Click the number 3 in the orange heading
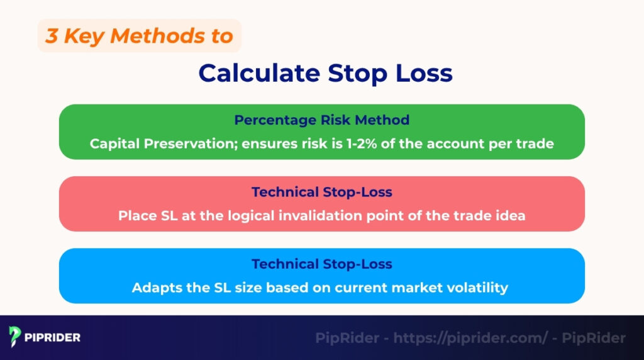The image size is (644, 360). click(x=52, y=36)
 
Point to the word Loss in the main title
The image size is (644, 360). click(x=421, y=73)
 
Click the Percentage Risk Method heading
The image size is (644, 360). click(x=321, y=120)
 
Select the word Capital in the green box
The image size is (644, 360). click(x=113, y=143)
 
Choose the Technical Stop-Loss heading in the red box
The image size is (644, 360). click(x=321, y=192)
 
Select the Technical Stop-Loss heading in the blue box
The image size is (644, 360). click(x=321, y=264)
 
